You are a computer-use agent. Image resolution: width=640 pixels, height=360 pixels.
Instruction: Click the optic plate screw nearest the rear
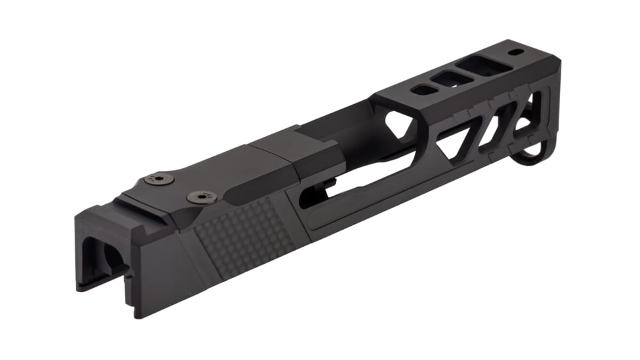click(158, 177)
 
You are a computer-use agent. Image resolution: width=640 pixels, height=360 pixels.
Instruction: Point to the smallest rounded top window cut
click(425, 91)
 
